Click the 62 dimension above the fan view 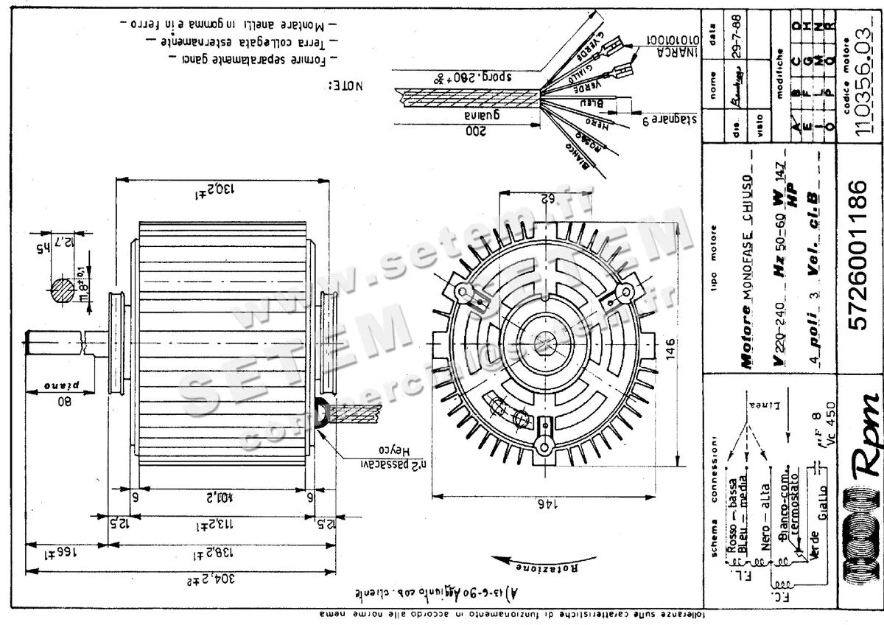(546, 199)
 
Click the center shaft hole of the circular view (546, 340)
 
